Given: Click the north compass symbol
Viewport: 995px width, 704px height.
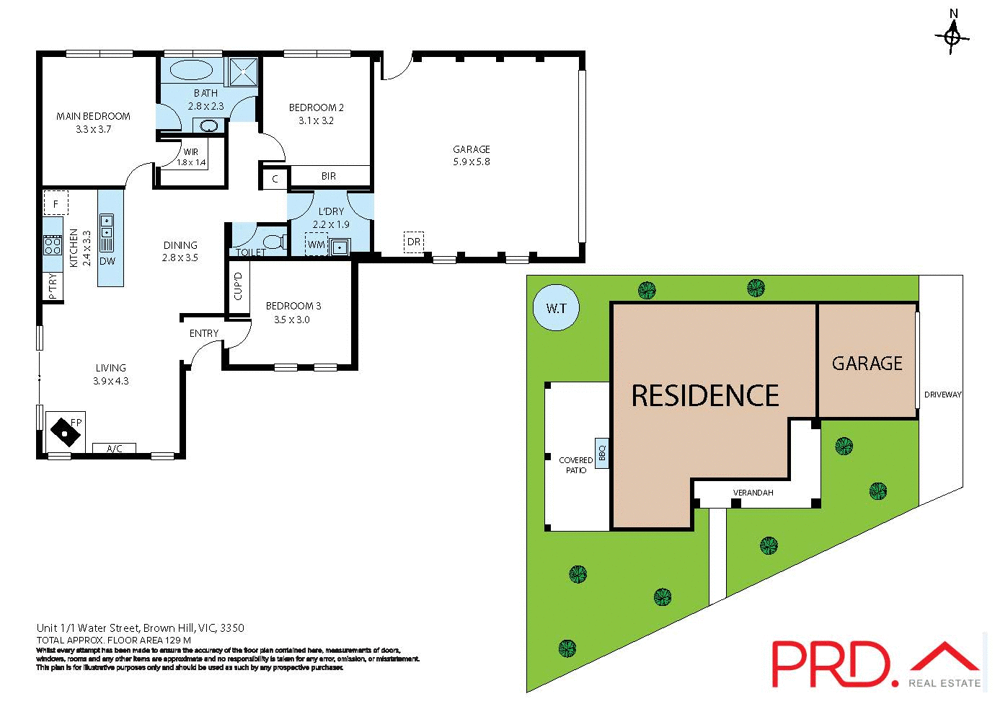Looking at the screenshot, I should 952,35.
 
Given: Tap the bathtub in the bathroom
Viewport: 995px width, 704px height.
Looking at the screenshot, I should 191,72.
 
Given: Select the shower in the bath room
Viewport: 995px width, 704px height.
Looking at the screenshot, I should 244,71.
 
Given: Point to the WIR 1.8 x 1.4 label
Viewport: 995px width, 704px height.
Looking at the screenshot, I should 191,157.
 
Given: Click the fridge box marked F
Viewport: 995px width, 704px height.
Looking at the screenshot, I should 56,203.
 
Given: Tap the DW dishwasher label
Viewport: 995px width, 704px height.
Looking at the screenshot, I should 107,261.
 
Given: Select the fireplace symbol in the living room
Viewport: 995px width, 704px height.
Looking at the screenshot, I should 66,431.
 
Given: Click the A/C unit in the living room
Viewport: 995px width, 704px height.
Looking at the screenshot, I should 115,449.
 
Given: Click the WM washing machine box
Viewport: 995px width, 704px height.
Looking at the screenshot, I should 316,245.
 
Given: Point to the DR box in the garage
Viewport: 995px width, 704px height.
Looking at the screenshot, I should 413,242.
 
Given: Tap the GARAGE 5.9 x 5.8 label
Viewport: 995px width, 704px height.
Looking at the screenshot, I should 472,155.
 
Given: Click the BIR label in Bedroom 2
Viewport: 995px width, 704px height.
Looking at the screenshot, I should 329,176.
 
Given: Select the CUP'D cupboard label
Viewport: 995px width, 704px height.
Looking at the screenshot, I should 238,286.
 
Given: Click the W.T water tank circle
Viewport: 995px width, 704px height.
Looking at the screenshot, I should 556,309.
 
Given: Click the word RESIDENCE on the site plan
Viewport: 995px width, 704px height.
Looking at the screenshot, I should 705,396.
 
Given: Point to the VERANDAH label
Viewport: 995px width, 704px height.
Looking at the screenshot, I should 753,493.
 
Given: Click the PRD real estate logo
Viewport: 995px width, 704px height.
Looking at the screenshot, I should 875,662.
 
